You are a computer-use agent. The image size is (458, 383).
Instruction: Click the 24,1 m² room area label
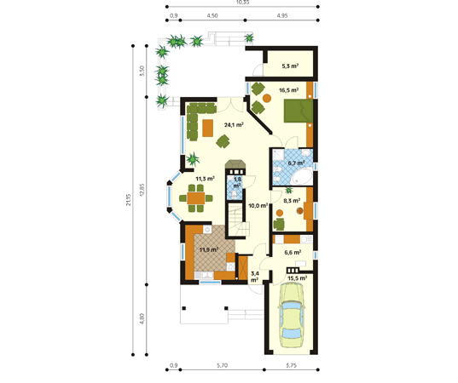(x=231, y=124)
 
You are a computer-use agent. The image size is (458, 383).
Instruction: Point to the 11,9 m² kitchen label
(x=208, y=250)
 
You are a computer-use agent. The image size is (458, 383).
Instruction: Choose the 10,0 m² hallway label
(x=258, y=206)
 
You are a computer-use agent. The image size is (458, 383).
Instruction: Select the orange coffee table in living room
(x=207, y=128)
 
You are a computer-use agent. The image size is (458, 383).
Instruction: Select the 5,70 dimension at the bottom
(x=223, y=365)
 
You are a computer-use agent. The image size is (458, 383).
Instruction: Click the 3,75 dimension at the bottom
(x=292, y=365)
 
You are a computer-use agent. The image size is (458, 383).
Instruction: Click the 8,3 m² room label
(x=289, y=203)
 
